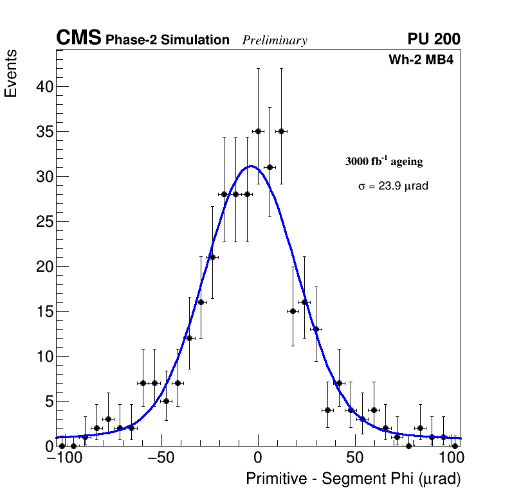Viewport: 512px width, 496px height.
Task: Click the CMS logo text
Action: pyautogui.click(x=78, y=39)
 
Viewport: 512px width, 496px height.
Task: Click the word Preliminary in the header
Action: pyautogui.click(x=275, y=40)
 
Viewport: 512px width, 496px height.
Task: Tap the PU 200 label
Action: pyautogui.click(x=434, y=39)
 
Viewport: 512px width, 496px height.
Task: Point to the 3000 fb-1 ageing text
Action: pyautogui.click(x=384, y=161)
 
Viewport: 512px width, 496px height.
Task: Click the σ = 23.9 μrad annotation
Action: pyautogui.click(x=393, y=186)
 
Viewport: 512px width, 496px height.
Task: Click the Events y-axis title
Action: pyautogui.click(x=11, y=74)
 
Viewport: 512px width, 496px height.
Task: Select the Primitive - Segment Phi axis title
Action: pyautogui.click(x=353, y=479)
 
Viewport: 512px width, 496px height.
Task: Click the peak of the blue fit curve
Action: pyautogui.click(x=251, y=166)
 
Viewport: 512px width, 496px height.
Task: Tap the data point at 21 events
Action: pyautogui.click(x=212, y=257)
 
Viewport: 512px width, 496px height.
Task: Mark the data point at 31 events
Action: pyautogui.click(x=270, y=167)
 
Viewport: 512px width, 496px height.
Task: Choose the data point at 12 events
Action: pyautogui.click(x=189, y=338)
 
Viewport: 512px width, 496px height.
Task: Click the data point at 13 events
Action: pyautogui.click(x=316, y=329)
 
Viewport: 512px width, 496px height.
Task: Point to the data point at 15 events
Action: pyautogui.click(x=293, y=311)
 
